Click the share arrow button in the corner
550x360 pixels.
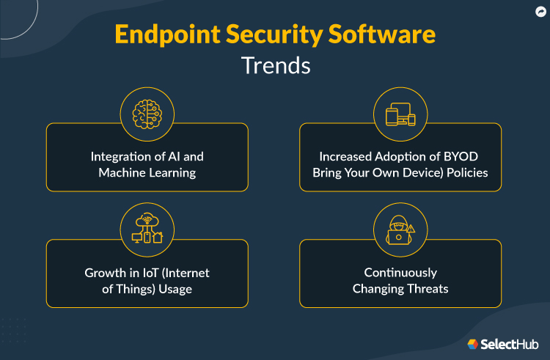540,12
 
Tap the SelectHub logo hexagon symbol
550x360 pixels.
473,344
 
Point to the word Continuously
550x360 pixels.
400,273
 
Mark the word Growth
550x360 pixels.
102,273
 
